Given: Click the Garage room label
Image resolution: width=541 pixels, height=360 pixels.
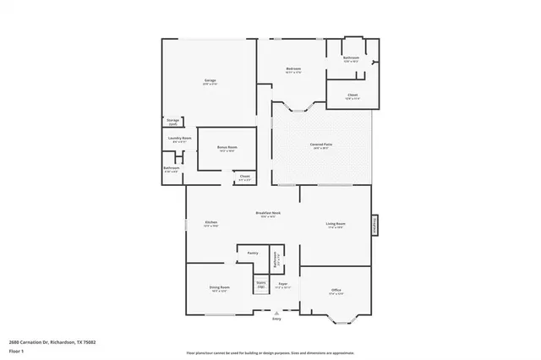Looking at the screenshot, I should (210, 81).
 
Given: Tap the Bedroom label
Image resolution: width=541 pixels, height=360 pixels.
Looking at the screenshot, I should (293, 69).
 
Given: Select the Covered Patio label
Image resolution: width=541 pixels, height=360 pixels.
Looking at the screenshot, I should (320, 146).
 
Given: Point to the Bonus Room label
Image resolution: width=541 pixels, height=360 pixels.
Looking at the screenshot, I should (227, 149).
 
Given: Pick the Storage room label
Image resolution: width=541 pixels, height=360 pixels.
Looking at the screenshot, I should (172, 122).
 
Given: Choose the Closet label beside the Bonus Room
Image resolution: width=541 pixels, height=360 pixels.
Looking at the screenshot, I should (244, 177).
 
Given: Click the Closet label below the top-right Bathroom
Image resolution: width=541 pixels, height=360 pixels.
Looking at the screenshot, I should (352, 96).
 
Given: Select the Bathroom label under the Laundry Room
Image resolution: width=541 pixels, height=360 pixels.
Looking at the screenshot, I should (171, 169).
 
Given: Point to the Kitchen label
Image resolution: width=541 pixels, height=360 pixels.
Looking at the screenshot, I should (210, 224).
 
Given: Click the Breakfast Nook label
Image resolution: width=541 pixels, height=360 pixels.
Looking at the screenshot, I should (268, 215).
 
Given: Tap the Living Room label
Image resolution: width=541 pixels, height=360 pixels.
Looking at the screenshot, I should (336, 224).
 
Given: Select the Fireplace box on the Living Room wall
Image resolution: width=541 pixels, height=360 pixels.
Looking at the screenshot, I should (374, 224).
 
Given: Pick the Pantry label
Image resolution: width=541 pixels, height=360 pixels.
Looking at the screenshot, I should (252, 253).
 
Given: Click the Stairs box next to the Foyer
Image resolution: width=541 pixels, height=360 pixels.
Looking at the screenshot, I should (261, 284).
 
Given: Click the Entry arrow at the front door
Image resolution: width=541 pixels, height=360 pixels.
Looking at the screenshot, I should (276, 314).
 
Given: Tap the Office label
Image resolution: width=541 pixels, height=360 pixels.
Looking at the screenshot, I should (336, 291).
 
